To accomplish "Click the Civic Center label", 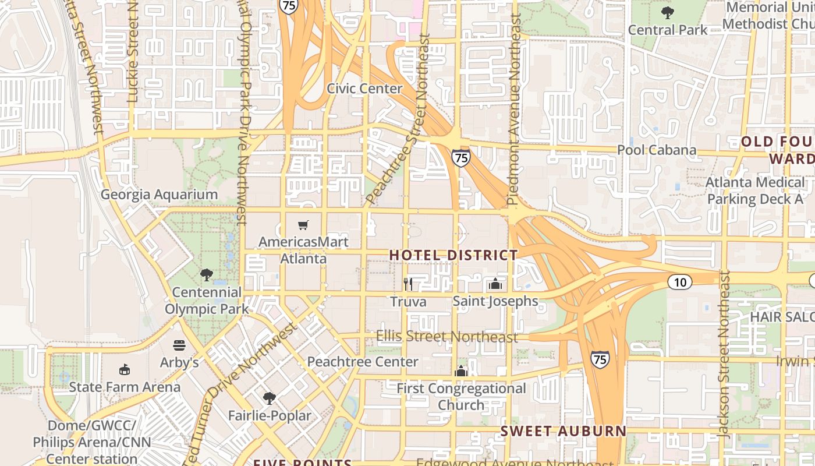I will [364, 89].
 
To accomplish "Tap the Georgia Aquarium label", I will [159, 195].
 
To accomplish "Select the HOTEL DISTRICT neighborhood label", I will [453, 255].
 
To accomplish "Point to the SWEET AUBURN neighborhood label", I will [564, 432].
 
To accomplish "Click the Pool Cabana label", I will [656, 150].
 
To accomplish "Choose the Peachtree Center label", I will [362, 362].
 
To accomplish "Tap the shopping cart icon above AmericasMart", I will [303, 225].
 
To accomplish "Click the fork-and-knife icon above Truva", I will [408, 284].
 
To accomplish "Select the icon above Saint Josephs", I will [495, 284].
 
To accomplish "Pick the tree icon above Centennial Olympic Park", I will [205, 274].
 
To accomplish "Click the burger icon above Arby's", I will [179, 345].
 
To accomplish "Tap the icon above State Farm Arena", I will [124, 369].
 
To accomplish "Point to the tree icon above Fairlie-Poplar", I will [269, 398].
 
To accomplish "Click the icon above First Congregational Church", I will [461, 371].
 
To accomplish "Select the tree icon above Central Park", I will [667, 12].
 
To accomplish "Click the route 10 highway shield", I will [679, 283].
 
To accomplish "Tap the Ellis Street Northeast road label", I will [447, 337].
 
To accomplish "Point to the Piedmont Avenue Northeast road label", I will [513, 110].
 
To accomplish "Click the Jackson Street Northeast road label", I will [724, 354].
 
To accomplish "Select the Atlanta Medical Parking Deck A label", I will [754, 191].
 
